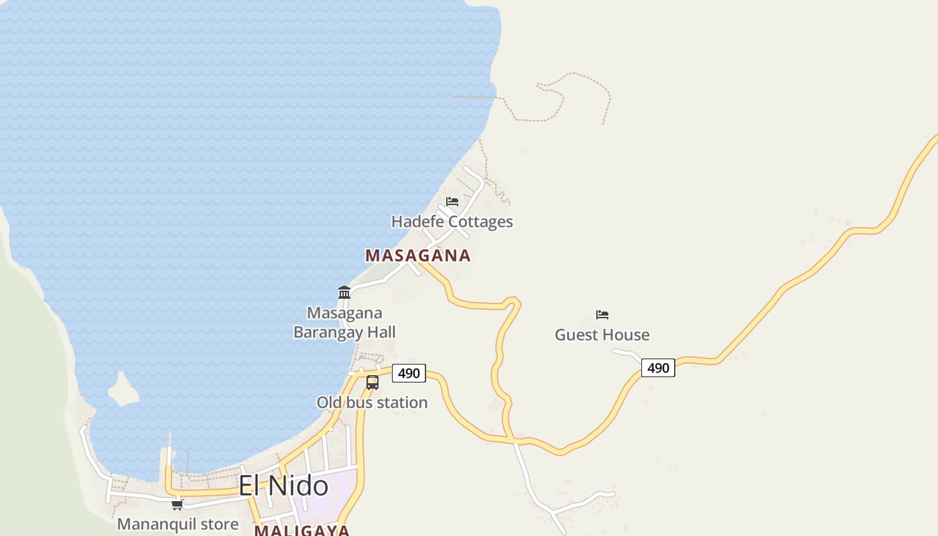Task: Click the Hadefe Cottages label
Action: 452,222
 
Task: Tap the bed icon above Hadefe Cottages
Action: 452,201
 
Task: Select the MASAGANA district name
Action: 418,256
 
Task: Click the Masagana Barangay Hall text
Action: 344,322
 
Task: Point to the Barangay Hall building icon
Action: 344,292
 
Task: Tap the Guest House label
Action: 602,335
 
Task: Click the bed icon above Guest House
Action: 602,314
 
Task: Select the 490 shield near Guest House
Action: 658,368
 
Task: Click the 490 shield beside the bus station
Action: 409,373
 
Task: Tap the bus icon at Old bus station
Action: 373,383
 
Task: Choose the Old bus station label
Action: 372,403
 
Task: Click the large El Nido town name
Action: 283,486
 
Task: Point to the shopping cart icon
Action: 178,505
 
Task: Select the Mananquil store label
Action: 178,524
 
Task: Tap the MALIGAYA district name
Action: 301,531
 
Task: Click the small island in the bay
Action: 123,390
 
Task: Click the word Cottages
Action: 480,222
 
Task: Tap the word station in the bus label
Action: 401,403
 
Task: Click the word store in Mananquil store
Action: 219,524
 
